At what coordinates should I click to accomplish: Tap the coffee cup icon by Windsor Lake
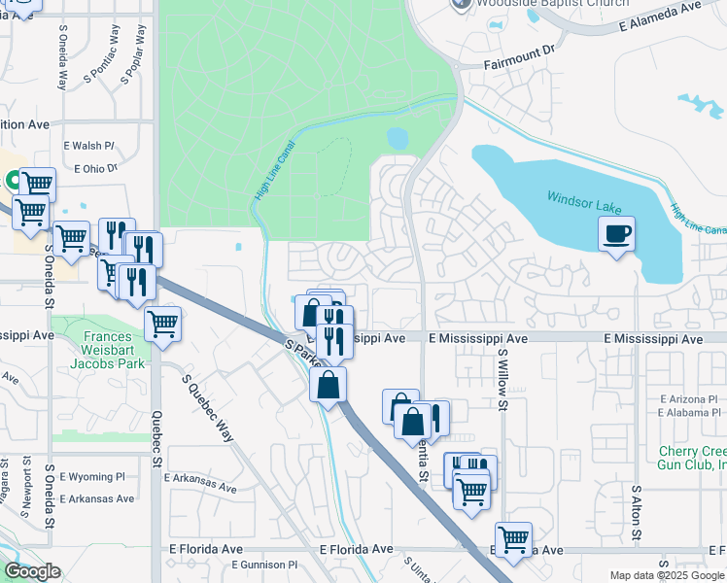coord(616,233)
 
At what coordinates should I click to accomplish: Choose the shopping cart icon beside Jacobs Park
coord(162,323)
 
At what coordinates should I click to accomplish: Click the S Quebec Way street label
coord(206,407)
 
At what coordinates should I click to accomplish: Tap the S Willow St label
coord(503,381)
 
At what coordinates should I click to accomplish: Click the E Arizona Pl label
coord(688,399)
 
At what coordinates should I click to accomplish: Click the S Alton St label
coord(636,515)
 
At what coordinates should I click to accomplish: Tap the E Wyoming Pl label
coord(92,477)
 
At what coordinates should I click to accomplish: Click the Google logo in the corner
coord(32,571)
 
